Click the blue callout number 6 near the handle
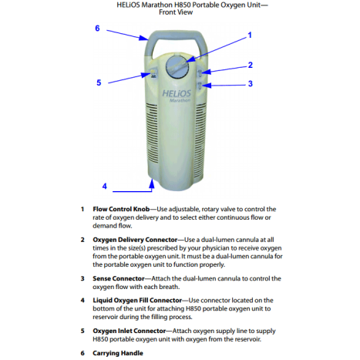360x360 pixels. click(97, 28)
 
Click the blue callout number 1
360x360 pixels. click(250, 35)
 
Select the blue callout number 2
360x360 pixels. click(251, 65)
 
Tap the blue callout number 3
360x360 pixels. click(251, 83)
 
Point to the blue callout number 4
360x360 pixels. click(104, 186)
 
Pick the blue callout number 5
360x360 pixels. click(99, 82)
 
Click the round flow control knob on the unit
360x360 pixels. click(177, 66)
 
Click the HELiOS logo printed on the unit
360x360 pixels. click(177, 93)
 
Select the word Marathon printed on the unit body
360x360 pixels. click(180, 100)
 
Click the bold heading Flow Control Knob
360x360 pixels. click(121, 209)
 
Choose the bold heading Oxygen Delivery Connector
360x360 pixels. click(135, 240)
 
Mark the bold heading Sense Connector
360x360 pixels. click(119, 278)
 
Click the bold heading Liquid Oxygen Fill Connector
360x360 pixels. click(137, 300)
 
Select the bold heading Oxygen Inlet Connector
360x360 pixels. click(130, 331)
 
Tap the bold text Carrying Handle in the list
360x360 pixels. click(118, 353)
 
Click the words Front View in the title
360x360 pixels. click(176, 12)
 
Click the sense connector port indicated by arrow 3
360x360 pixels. click(200, 86)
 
